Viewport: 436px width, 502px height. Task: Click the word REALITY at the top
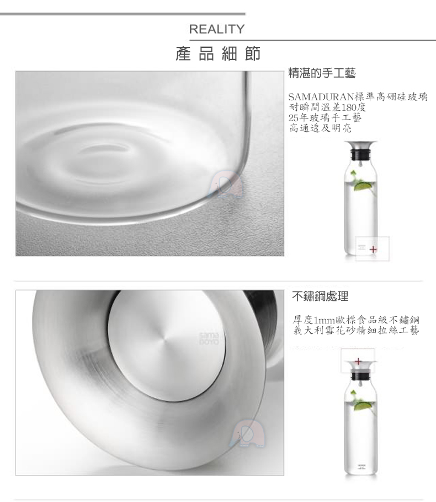[217, 29]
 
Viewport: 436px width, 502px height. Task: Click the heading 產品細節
[218, 53]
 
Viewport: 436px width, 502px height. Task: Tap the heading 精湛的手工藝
[322, 73]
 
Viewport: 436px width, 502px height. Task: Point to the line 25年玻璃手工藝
[325, 117]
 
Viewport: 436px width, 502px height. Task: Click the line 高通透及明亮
[320, 128]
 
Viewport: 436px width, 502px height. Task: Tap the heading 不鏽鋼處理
[320, 296]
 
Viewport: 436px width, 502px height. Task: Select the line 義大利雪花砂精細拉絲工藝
[356, 330]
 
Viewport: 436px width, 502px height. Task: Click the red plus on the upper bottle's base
[373, 250]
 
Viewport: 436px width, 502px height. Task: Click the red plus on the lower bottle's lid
[358, 362]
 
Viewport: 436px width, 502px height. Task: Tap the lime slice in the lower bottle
[363, 406]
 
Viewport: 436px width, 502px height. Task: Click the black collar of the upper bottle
[361, 155]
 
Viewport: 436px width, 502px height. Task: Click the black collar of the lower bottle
[361, 375]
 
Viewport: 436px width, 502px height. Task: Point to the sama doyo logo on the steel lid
[209, 339]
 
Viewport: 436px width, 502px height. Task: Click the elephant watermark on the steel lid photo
[247, 434]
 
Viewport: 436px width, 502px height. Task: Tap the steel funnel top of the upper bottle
[361, 145]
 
